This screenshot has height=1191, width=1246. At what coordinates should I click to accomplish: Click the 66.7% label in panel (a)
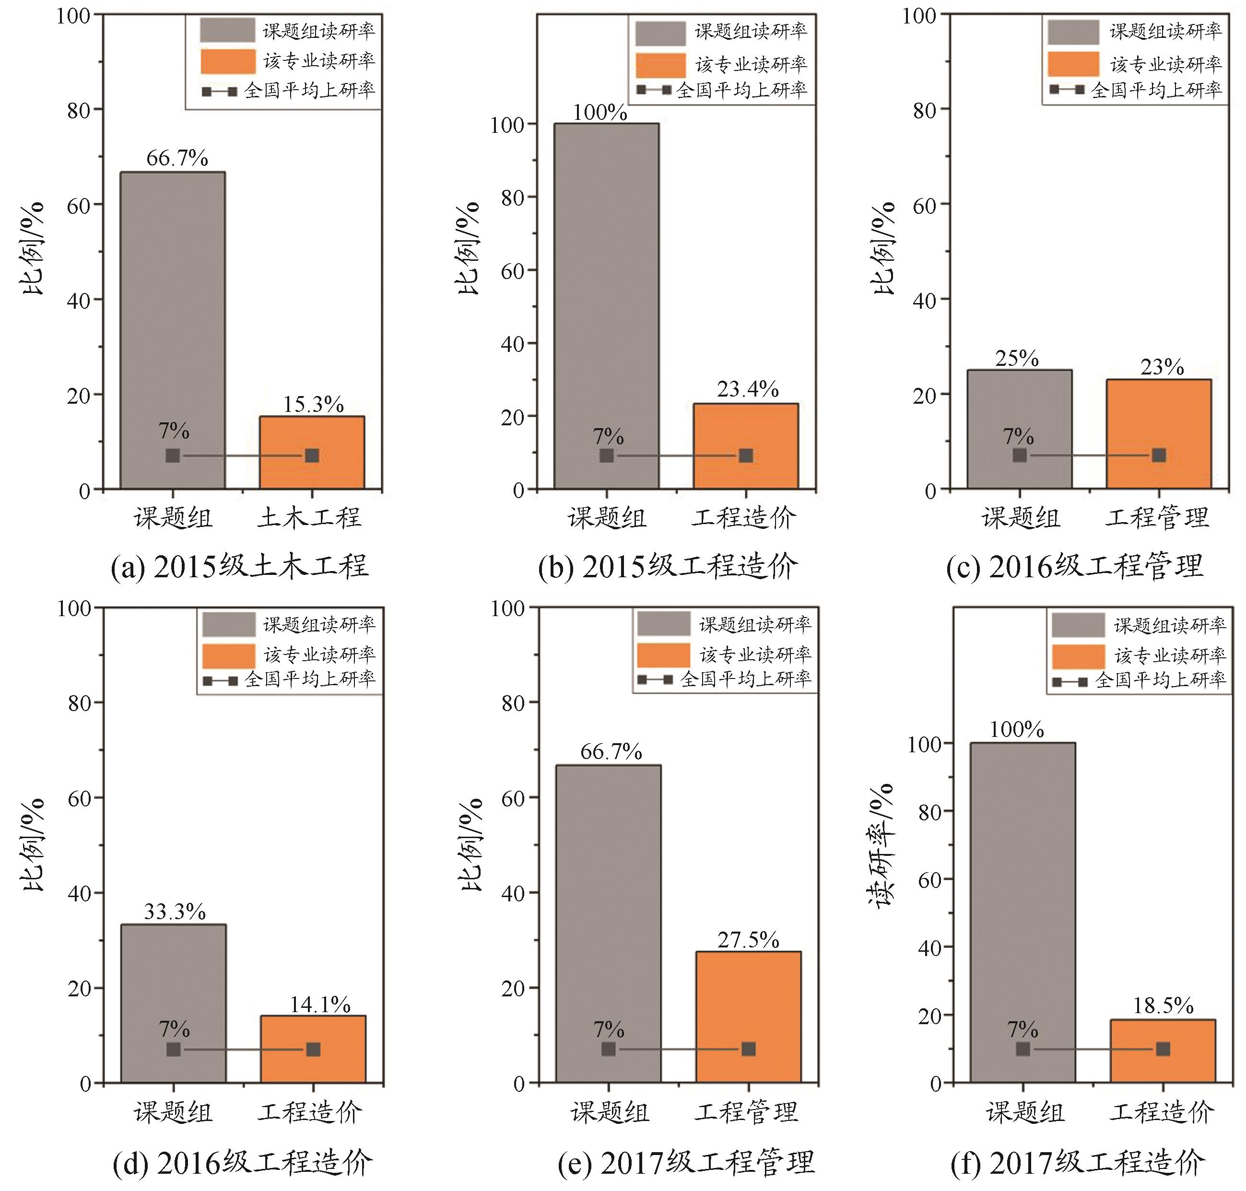[x=177, y=158]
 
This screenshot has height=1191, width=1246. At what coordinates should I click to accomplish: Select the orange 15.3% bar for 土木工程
[x=312, y=452]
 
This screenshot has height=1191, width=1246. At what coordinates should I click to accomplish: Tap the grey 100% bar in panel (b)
[x=607, y=305]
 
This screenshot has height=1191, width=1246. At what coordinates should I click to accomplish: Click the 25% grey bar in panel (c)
[x=1019, y=429]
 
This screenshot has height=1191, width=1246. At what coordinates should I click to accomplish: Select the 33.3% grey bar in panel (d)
[x=173, y=1003]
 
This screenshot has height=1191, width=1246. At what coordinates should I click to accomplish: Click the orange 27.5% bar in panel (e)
[x=748, y=1016]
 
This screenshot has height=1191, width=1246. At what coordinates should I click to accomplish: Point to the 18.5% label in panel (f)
[x=1164, y=1005]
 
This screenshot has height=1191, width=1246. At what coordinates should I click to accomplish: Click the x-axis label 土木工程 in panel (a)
[x=309, y=517]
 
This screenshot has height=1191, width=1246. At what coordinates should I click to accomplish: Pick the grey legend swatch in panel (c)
[x=1073, y=32]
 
